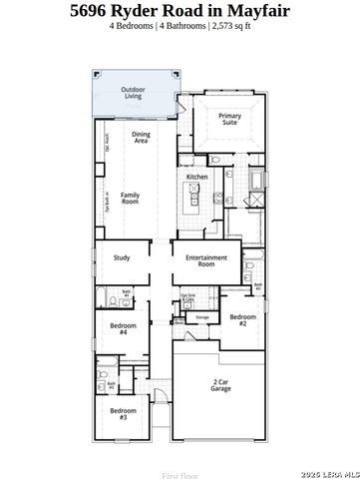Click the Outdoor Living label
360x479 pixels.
click(x=133, y=93)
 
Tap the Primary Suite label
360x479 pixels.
click(x=229, y=119)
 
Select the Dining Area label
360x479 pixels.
click(x=141, y=138)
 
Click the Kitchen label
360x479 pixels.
click(x=196, y=177)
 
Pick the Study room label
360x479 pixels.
click(x=122, y=257)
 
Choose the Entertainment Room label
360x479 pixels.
click(x=206, y=260)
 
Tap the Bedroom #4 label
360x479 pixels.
click(x=123, y=329)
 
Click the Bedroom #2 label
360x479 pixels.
click(x=240, y=319)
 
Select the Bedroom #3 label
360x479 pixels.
click(x=123, y=414)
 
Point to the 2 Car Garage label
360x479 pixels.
click(x=220, y=384)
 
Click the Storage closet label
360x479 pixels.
click(x=202, y=317)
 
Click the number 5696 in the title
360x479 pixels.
click(x=96, y=11)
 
